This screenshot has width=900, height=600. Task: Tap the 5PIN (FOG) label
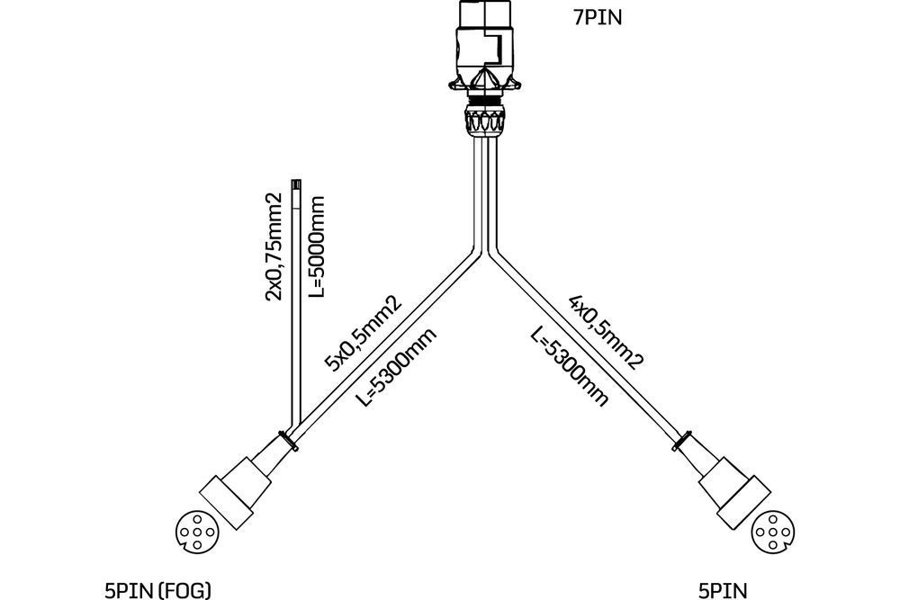pyautogui.click(x=157, y=589)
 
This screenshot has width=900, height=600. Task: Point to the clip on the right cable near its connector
pyautogui.click(x=684, y=440)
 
